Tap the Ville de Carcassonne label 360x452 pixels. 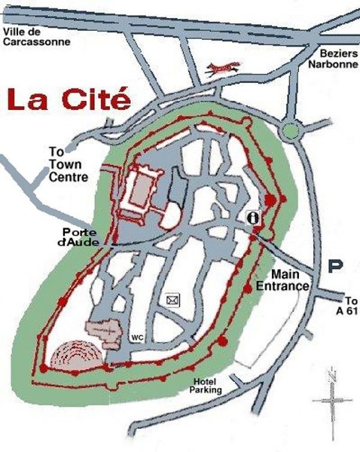click(37, 37)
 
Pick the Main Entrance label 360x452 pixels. click(289, 281)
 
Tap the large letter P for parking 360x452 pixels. click(337, 267)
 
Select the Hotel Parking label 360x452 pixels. click(207, 386)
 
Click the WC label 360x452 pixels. click(137, 337)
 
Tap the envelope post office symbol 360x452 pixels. click(173, 301)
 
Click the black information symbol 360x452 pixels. click(255, 217)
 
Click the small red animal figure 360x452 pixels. click(224, 69)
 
